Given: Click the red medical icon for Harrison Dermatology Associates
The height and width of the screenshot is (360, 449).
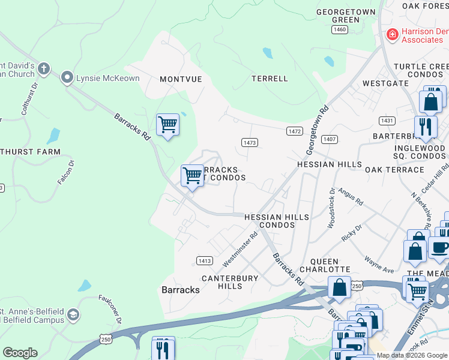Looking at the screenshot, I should [392, 35].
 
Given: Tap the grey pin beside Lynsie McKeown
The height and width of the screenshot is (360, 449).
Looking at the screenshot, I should [67, 78].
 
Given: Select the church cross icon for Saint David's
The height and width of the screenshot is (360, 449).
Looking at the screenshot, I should [43, 68].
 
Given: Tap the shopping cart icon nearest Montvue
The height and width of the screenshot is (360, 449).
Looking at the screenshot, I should [167, 125].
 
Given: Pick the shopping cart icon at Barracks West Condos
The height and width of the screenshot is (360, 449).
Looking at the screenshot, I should [192, 176].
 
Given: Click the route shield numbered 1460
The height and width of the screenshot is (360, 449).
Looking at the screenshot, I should [340, 29].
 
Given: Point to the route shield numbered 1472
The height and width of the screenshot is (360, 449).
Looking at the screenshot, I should [294, 131].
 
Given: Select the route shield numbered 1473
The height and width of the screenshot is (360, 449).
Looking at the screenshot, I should [250, 142].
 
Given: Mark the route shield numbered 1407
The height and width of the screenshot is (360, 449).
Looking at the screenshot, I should [329, 139].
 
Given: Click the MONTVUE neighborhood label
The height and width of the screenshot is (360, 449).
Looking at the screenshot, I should [181, 79].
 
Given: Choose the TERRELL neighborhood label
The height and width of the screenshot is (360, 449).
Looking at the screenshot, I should [270, 79].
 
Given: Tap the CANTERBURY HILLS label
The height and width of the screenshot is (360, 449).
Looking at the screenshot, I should [229, 282].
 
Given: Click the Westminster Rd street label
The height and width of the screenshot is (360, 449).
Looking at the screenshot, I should [240, 250].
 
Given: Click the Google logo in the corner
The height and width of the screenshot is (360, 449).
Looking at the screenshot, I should [20, 353].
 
